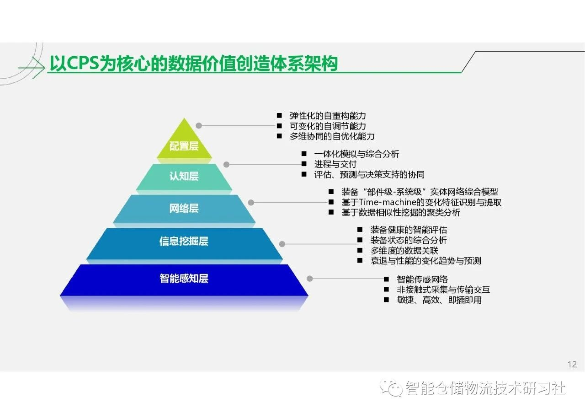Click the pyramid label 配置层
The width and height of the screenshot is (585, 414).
184,146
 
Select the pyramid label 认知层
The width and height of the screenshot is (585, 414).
184,176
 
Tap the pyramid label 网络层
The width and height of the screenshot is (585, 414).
184,209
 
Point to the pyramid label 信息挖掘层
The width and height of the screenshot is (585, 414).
184,241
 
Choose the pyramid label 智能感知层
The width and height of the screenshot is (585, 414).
184,278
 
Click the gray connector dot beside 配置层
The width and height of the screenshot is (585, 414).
199,126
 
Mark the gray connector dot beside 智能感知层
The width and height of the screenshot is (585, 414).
310,279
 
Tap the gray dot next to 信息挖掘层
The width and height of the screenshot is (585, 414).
282,244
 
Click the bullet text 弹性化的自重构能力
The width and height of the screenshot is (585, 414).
328,116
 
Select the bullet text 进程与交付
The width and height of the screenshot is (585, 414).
335,164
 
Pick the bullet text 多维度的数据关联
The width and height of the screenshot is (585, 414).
404,250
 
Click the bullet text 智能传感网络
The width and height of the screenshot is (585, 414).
422,279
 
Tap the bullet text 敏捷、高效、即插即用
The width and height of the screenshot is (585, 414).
439,300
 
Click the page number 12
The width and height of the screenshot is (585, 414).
572,364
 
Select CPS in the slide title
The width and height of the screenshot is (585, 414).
83,63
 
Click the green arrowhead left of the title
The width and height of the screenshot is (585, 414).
39,68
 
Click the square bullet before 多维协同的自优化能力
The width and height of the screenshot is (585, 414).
279,136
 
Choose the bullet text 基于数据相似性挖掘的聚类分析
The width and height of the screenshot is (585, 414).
401,212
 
